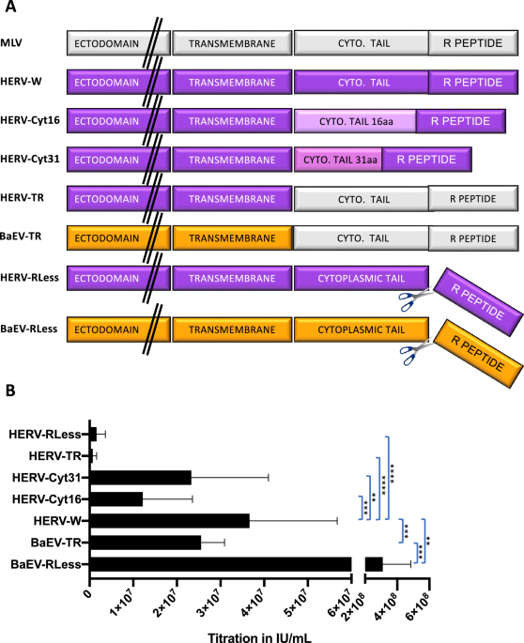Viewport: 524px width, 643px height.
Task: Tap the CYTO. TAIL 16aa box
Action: (x=355, y=120)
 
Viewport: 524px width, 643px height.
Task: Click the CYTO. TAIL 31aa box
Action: (x=336, y=160)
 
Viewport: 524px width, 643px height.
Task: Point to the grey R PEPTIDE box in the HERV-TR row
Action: (x=472, y=198)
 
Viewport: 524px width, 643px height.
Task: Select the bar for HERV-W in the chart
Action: (x=170, y=520)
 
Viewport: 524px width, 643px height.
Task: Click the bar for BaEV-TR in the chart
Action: (x=146, y=542)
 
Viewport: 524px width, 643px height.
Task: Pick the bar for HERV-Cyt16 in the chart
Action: (x=116, y=498)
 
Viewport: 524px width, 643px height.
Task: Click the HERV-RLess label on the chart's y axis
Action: (x=46, y=434)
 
